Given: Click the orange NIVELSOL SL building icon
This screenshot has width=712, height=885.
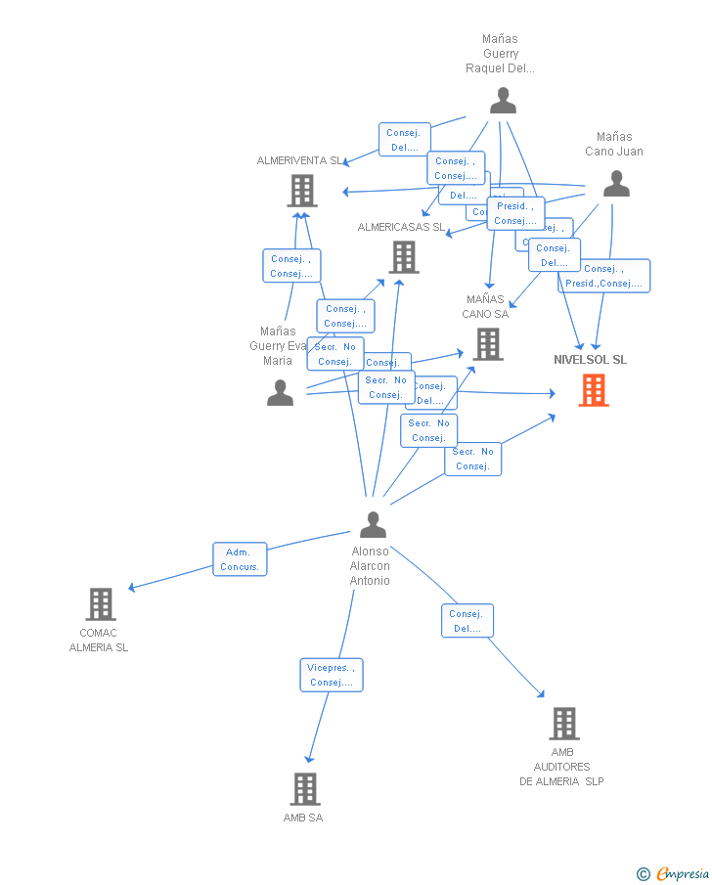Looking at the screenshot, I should (x=593, y=390).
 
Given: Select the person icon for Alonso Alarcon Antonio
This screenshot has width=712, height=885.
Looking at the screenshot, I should (x=373, y=525).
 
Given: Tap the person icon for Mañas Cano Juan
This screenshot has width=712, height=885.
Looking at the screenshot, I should (x=616, y=184).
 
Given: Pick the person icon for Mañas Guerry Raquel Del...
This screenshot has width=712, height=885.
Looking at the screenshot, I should (x=503, y=101).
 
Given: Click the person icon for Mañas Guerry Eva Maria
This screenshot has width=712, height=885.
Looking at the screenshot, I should (x=280, y=392).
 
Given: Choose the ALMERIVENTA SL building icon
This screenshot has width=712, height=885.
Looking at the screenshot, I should (x=302, y=191).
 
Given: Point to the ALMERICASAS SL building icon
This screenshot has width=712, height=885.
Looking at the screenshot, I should (x=404, y=257).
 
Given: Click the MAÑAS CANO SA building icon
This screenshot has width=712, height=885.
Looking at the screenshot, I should (x=488, y=344).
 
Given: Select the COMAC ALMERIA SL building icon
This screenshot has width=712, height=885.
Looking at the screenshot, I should (x=101, y=604).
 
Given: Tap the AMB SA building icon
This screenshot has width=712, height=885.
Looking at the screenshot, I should (x=305, y=788).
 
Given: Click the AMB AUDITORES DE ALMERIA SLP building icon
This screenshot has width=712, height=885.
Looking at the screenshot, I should (x=563, y=724).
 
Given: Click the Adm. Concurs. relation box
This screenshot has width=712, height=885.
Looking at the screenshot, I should (x=240, y=559).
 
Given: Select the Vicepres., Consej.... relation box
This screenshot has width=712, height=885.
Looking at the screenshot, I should (x=332, y=675).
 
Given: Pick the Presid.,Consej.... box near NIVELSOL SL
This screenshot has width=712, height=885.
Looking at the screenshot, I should (x=604, y=277).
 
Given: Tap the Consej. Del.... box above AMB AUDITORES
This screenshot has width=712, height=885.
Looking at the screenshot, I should (x=467, y=621).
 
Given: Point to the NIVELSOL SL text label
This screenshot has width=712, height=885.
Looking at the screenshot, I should (x=591, y=360).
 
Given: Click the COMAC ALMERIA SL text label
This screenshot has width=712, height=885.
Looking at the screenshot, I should (x=99, y=641).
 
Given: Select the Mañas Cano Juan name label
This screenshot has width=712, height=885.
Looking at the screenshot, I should (x=614, y=144).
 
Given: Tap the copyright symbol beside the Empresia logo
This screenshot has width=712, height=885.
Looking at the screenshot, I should (x=643, y=873).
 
